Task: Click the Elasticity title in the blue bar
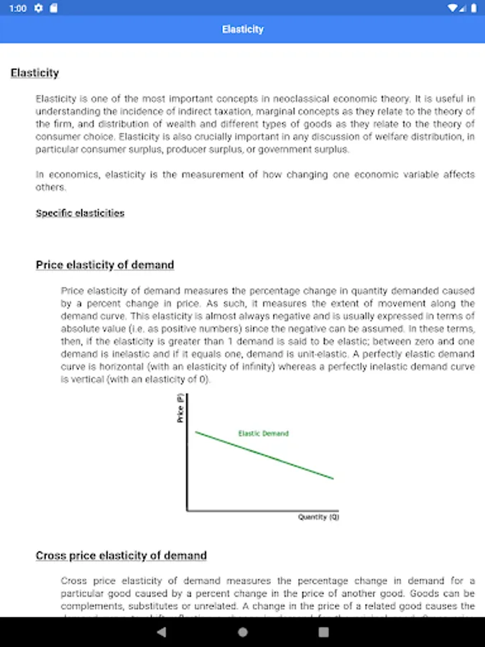click(x=242, y=29)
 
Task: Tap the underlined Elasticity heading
click(x=34, y=73)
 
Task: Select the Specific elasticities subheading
click(x=80, y=213)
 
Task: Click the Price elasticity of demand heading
click(x=105, y=265)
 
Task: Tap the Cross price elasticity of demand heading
click(x=121, y=556)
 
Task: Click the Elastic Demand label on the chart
click(x=263, y=433)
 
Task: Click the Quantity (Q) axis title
click(x=318, y=517)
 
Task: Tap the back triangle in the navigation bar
click(x=161, y=632)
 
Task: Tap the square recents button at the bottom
click(x=323, y=632)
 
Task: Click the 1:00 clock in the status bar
click(x=19, y=9)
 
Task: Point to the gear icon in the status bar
click(x=38, y=9)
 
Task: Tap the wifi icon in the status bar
click(x=453, y=9)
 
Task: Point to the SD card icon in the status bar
click(x=55, y=9)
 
